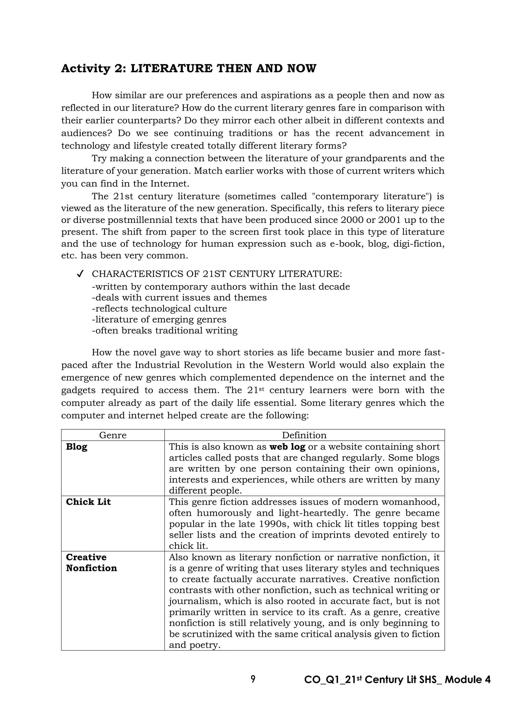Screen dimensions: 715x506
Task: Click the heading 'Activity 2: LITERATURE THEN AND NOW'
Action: click(x=189, y=68)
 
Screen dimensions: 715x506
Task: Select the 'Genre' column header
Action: click(x=113, y=435)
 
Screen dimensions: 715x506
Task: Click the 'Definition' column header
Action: click(x=304, y=435)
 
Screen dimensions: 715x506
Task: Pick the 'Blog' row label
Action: click(x=77, y=447)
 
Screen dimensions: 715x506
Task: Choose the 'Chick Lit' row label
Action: click(x=88, y=502)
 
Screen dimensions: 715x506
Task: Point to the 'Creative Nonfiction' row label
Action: click(x=91, y=562)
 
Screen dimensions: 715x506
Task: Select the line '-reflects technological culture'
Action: click(x=159, y=309)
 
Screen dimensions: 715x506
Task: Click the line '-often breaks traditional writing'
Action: click(x=165, y=330)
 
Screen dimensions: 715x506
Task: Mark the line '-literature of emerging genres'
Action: click(x=159, y=319)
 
